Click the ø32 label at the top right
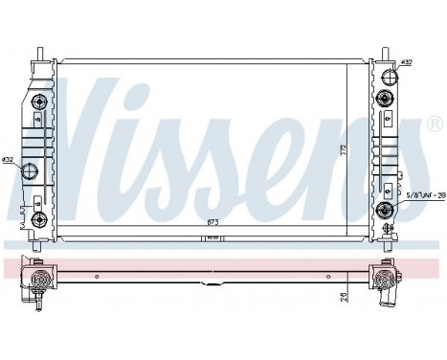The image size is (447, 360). click(x=407, y=63)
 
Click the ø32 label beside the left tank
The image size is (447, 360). click(x=9, y=159)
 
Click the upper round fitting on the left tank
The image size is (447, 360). click(x=39, y=102)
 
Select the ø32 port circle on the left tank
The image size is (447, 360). click(x=31, y=171)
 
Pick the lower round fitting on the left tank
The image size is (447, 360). click(x=39, y=218)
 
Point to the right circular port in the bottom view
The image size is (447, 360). click(x=387, y=281)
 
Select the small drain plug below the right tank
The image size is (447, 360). click(x=387, y=230)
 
